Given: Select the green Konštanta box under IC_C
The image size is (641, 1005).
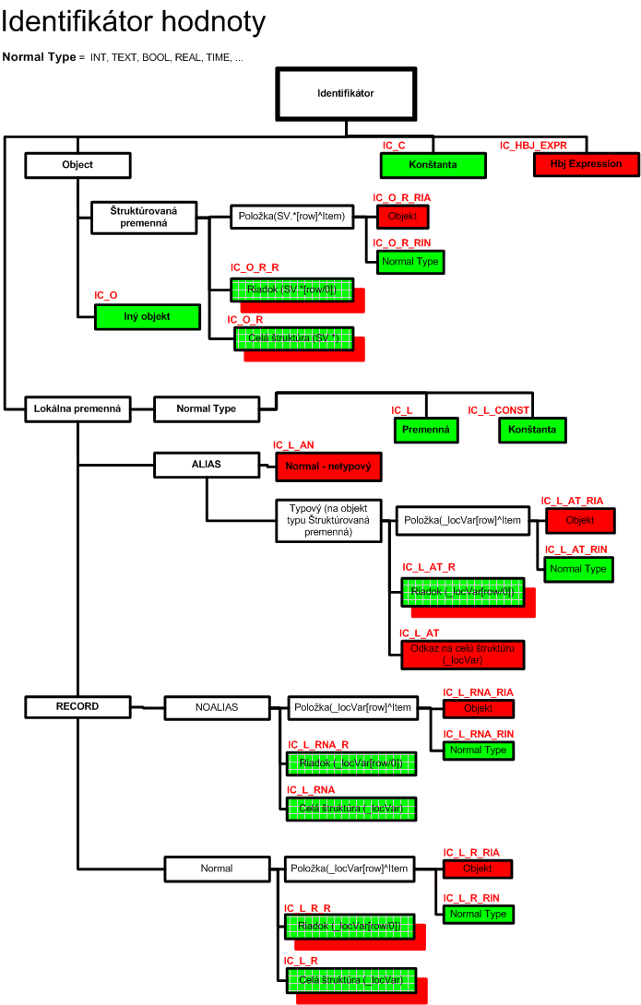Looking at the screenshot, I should coord(433,165).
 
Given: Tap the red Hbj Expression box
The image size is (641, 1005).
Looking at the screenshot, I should coord(586,164).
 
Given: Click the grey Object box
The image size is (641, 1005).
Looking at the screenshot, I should coord(77,165).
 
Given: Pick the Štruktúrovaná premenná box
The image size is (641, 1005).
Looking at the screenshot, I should coord(143,218).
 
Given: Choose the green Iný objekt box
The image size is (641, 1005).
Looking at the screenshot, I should coord(147,316).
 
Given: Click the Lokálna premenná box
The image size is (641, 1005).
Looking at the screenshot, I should coord(77,408).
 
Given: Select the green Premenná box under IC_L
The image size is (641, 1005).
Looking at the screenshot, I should coord(426,430).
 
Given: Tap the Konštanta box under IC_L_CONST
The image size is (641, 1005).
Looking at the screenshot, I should coord(532,430).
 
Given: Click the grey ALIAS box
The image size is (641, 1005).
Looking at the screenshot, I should coord(206,465).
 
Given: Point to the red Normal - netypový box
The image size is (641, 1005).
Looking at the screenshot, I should coord(327,467).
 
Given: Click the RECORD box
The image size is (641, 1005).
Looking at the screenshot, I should coord(77,707).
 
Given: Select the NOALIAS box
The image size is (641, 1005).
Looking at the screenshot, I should coord(217,707).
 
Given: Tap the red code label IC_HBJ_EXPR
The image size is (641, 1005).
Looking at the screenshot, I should coord(533,146).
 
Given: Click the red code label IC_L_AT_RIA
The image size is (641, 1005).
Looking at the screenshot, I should coord(572,501).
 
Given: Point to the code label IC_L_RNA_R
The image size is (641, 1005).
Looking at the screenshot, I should coord(318,744).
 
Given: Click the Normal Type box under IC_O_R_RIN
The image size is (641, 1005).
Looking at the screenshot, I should coord(410,262).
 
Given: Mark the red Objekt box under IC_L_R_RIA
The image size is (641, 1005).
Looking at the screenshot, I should coord(477,869).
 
